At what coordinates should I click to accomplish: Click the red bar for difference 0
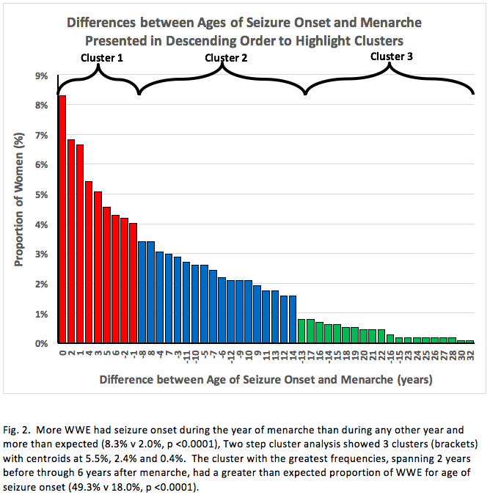(62, 219)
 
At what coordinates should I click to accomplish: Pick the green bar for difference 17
(310, 332)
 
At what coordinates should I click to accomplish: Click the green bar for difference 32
(470, 342)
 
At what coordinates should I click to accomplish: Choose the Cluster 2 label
(227, 57)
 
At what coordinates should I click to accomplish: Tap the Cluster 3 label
(392, 55)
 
